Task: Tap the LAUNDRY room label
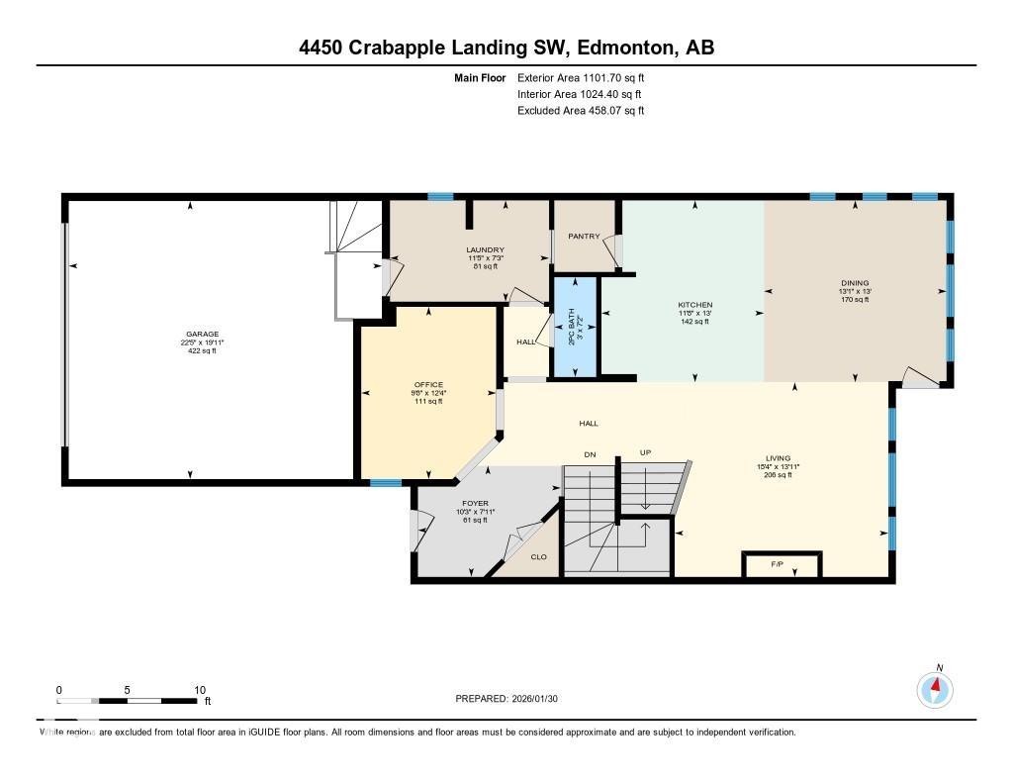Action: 486,249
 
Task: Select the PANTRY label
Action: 585,237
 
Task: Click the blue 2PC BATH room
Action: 575,327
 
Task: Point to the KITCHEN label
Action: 694,305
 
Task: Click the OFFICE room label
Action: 428,384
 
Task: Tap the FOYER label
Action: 476,503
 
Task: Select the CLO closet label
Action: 539,556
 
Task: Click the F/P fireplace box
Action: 781,565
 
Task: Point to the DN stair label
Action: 591,453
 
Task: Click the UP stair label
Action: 645,452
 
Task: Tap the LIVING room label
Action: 778,458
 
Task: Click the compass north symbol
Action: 934,686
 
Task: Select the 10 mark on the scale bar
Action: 199,690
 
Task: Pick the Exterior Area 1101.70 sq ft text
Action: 581,77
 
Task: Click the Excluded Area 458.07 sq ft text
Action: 581,111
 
